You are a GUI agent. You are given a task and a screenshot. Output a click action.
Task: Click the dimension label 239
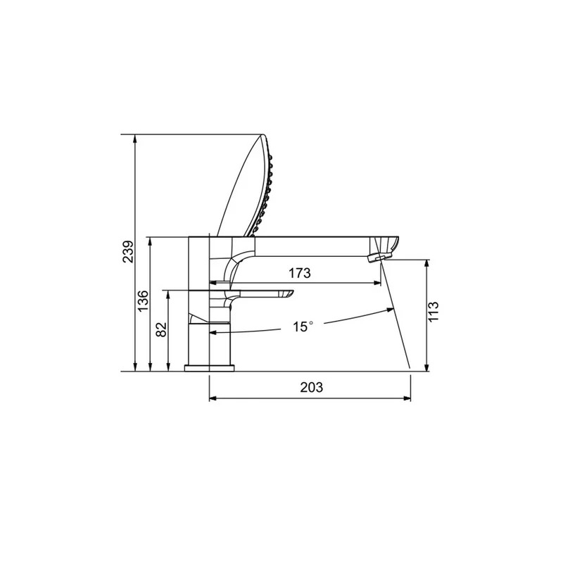[x=128, y=251]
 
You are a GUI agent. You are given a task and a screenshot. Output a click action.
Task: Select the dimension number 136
[x=143, y=301]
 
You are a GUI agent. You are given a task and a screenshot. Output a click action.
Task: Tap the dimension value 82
[x=162, y=329]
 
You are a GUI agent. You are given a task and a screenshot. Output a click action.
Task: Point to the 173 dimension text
[x=300, y=273]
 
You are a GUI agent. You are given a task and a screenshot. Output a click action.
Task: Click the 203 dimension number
[x=312, y=388]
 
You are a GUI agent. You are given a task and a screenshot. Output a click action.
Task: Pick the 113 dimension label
[x=434, y=312]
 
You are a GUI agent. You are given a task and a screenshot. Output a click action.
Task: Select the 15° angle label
[x=303, y=327]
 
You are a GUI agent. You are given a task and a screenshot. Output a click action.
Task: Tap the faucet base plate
[x=209, y=368]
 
